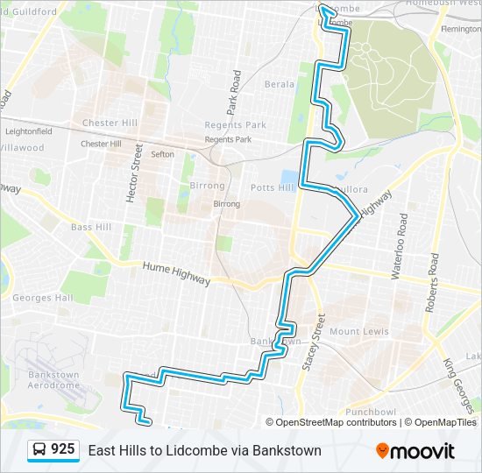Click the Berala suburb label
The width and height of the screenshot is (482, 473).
280,85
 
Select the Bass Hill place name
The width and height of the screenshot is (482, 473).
91,227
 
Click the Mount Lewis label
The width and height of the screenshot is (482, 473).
358,332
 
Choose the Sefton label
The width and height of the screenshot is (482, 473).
162,154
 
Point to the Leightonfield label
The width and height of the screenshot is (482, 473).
29,131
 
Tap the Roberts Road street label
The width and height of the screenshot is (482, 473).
432,283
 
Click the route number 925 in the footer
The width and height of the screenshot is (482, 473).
62,449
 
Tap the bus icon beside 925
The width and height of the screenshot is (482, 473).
39,450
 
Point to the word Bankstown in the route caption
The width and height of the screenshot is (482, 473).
287,450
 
